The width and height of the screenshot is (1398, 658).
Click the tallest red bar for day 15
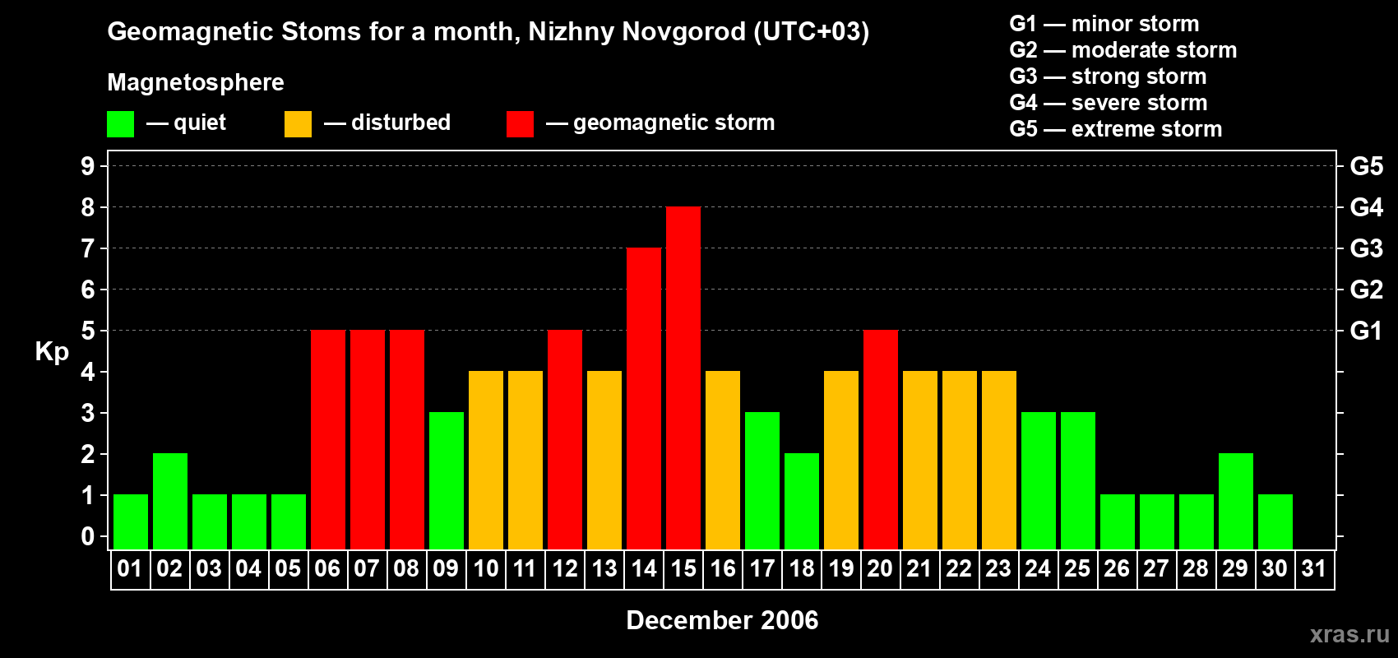[683, 378]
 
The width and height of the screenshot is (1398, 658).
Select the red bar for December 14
[644, 398]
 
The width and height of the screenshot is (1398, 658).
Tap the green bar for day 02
[170, 501]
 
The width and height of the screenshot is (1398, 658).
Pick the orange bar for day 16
[723, 460]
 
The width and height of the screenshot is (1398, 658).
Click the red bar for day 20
[881, 439]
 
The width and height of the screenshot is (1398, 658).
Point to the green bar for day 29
[1236, 501]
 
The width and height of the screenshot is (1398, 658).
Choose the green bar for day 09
[447, 480]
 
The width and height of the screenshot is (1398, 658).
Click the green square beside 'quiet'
[121, 124]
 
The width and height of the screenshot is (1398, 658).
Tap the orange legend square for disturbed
[299, 124]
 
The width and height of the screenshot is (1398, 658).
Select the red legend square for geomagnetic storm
[520, 124]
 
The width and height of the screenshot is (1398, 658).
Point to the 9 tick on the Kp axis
[88, 166]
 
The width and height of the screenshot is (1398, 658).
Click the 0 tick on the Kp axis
[88, 537]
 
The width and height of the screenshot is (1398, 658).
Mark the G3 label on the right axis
[1366, 248]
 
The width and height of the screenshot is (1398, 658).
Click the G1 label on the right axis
[1366, 331]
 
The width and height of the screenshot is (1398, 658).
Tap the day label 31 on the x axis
[1314, 568]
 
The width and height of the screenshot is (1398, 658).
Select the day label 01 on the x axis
[130, 568]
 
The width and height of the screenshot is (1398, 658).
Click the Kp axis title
[52, 352]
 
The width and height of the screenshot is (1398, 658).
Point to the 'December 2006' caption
[722, 620]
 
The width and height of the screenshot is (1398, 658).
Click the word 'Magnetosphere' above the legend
[196, 82]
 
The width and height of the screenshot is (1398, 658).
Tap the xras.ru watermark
[1349, 634]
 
